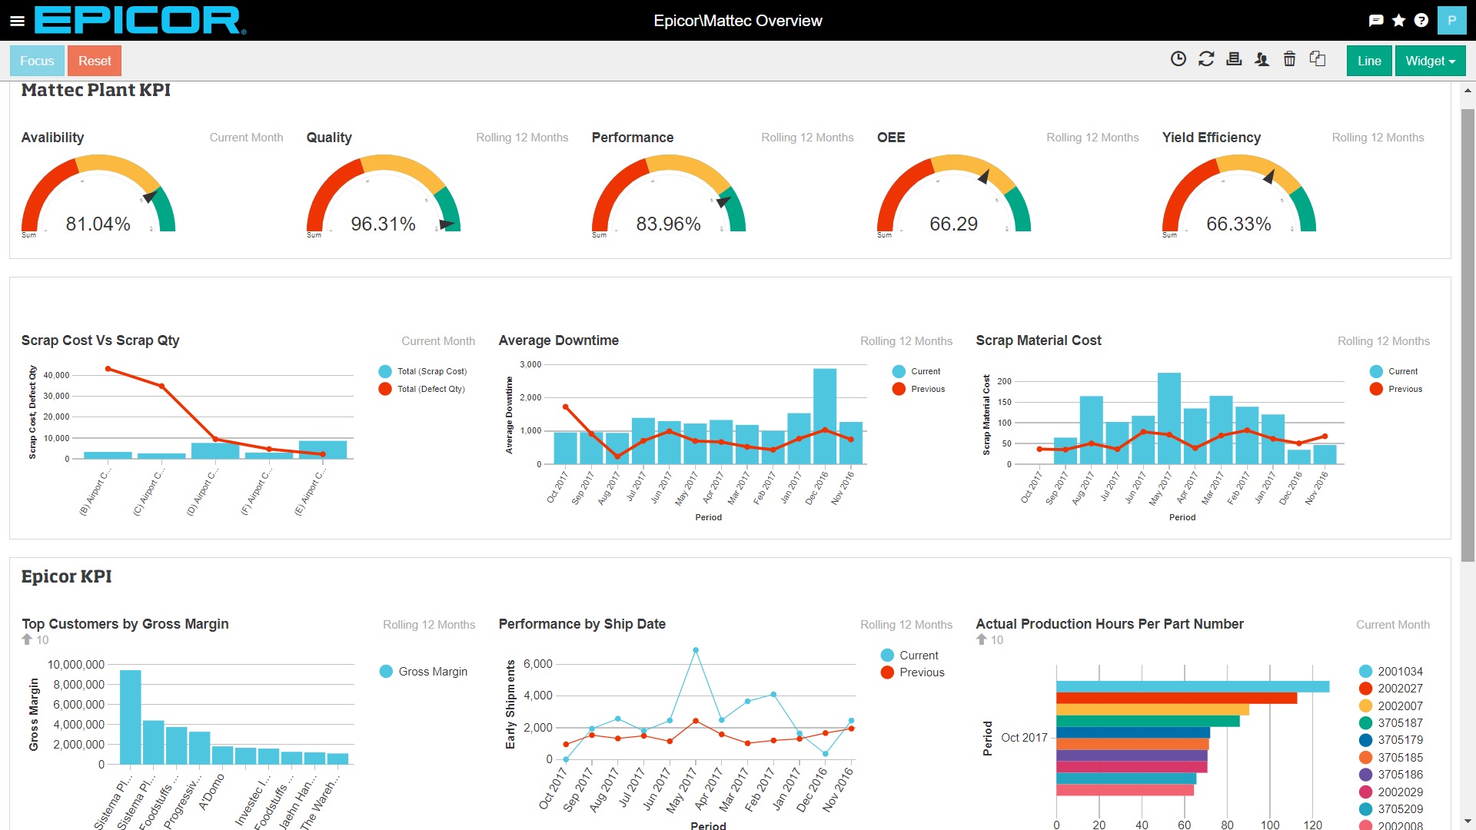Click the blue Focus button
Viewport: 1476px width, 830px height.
37,61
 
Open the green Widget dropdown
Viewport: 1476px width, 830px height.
1430,61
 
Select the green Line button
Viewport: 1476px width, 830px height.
1369,61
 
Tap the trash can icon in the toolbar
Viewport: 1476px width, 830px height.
1289,59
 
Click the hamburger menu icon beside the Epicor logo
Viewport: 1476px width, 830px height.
17,21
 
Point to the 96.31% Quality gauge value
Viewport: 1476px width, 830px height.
383,224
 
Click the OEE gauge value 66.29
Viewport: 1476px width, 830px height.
953,224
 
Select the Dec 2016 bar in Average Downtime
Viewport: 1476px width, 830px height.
824,415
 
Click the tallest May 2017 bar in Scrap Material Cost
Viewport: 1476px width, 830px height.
1168,419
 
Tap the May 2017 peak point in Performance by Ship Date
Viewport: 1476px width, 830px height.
696,650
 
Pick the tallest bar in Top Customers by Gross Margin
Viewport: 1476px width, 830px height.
130,716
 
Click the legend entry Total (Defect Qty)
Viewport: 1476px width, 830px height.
430,389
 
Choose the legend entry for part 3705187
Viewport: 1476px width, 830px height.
1399,723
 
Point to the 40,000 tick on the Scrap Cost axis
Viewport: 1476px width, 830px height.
56,375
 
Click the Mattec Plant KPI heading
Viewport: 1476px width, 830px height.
95,90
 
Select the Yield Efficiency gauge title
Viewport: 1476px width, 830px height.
1211,138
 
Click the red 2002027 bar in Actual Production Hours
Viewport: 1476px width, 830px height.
1176,699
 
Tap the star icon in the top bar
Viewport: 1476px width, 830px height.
1398,21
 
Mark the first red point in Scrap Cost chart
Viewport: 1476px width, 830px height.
108,369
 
